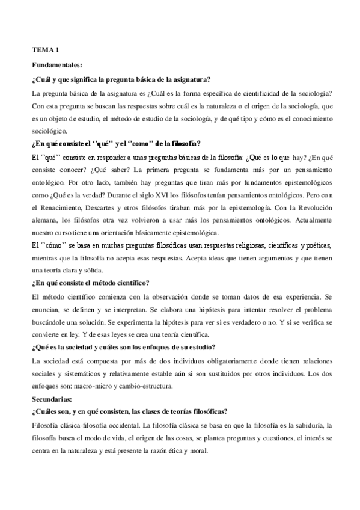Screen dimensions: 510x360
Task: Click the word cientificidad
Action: pos(244,93)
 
